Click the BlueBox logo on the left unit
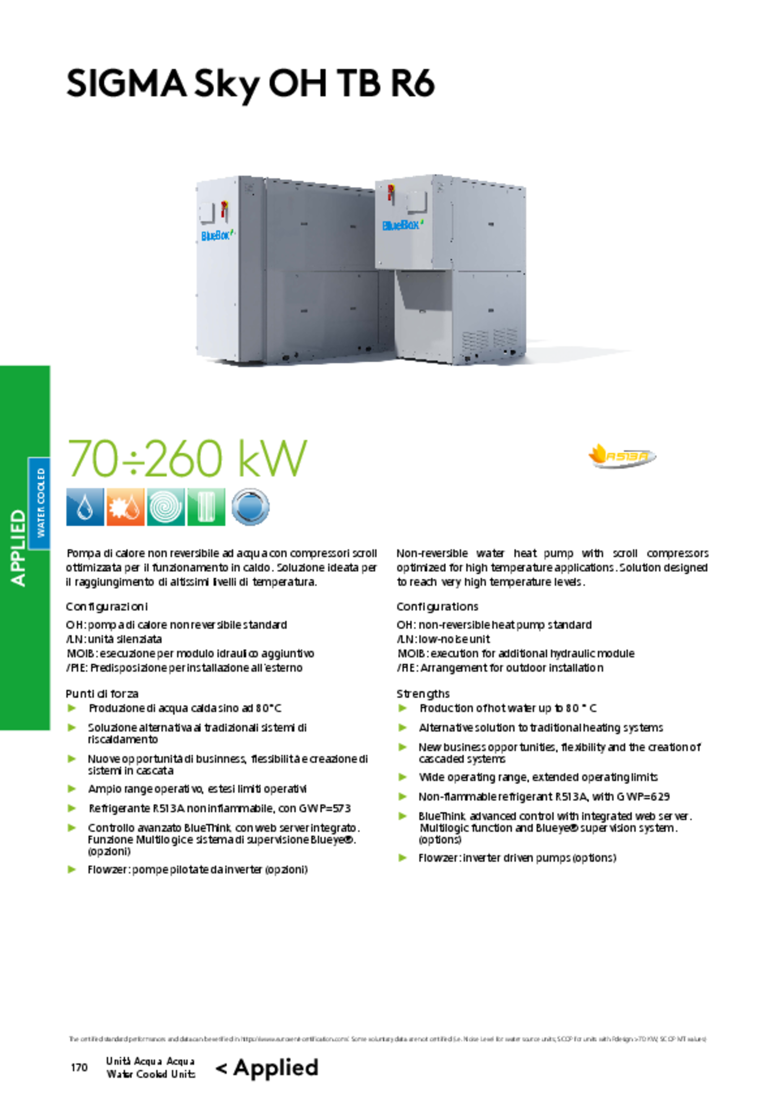(x=216, y=236)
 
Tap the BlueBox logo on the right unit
(x=401, y=225)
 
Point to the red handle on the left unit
(x=224, y=210)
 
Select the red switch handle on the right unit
(x=390, y=192)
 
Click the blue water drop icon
(x=85, y=507)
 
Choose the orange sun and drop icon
(x=125, y=507)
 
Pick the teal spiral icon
(x=165, y=507)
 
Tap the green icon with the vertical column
(x=206, y=507)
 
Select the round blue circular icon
(x=250, y=507)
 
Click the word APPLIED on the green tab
(x=18, y=548)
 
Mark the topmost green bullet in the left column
(x=72, y=708)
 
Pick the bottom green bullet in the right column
(x=403, y=858)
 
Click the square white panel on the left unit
(x=206, y=213)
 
